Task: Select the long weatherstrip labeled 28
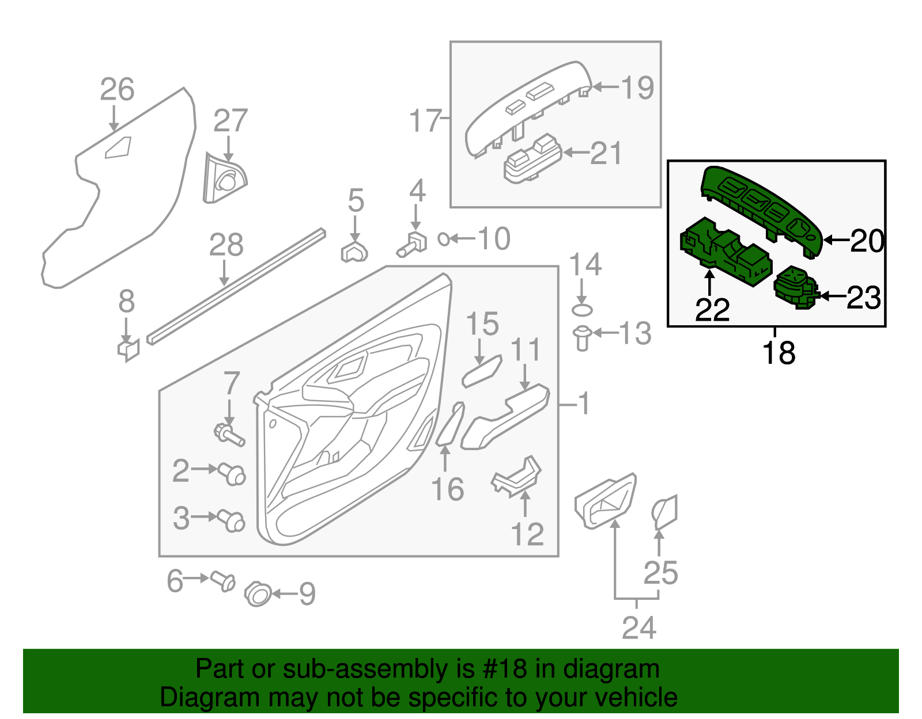[x=236, y=286]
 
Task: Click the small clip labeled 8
[x=129, y=349]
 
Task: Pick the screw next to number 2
[x=232, y=474]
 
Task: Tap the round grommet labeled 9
[x=258, y=594]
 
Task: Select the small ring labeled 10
[x=444, y=238]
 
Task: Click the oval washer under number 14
[x=582, y=311]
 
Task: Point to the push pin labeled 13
[x=582, y=338]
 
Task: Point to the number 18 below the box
[x=779, y=352]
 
